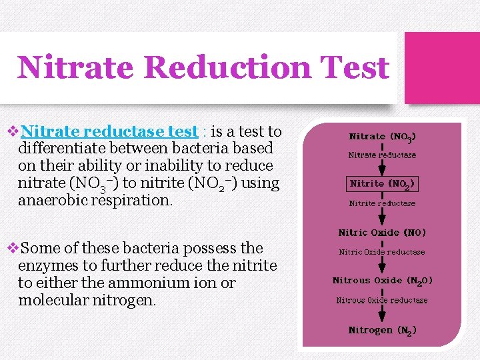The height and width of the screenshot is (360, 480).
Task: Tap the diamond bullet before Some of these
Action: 11,249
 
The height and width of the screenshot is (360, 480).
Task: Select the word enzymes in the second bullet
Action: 47,265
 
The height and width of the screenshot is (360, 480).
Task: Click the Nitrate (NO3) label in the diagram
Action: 383,137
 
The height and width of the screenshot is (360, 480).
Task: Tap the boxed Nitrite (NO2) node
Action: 383,183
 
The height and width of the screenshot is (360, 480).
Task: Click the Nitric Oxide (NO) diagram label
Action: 382,233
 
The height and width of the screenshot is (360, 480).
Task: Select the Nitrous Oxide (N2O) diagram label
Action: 382,281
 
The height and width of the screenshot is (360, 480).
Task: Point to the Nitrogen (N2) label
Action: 382,330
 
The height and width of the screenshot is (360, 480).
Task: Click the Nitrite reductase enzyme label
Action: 382,203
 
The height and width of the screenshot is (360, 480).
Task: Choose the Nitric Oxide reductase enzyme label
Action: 382,252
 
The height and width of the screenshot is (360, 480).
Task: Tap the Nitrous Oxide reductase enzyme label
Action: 382,301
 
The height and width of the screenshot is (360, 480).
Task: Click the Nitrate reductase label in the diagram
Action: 382,155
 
